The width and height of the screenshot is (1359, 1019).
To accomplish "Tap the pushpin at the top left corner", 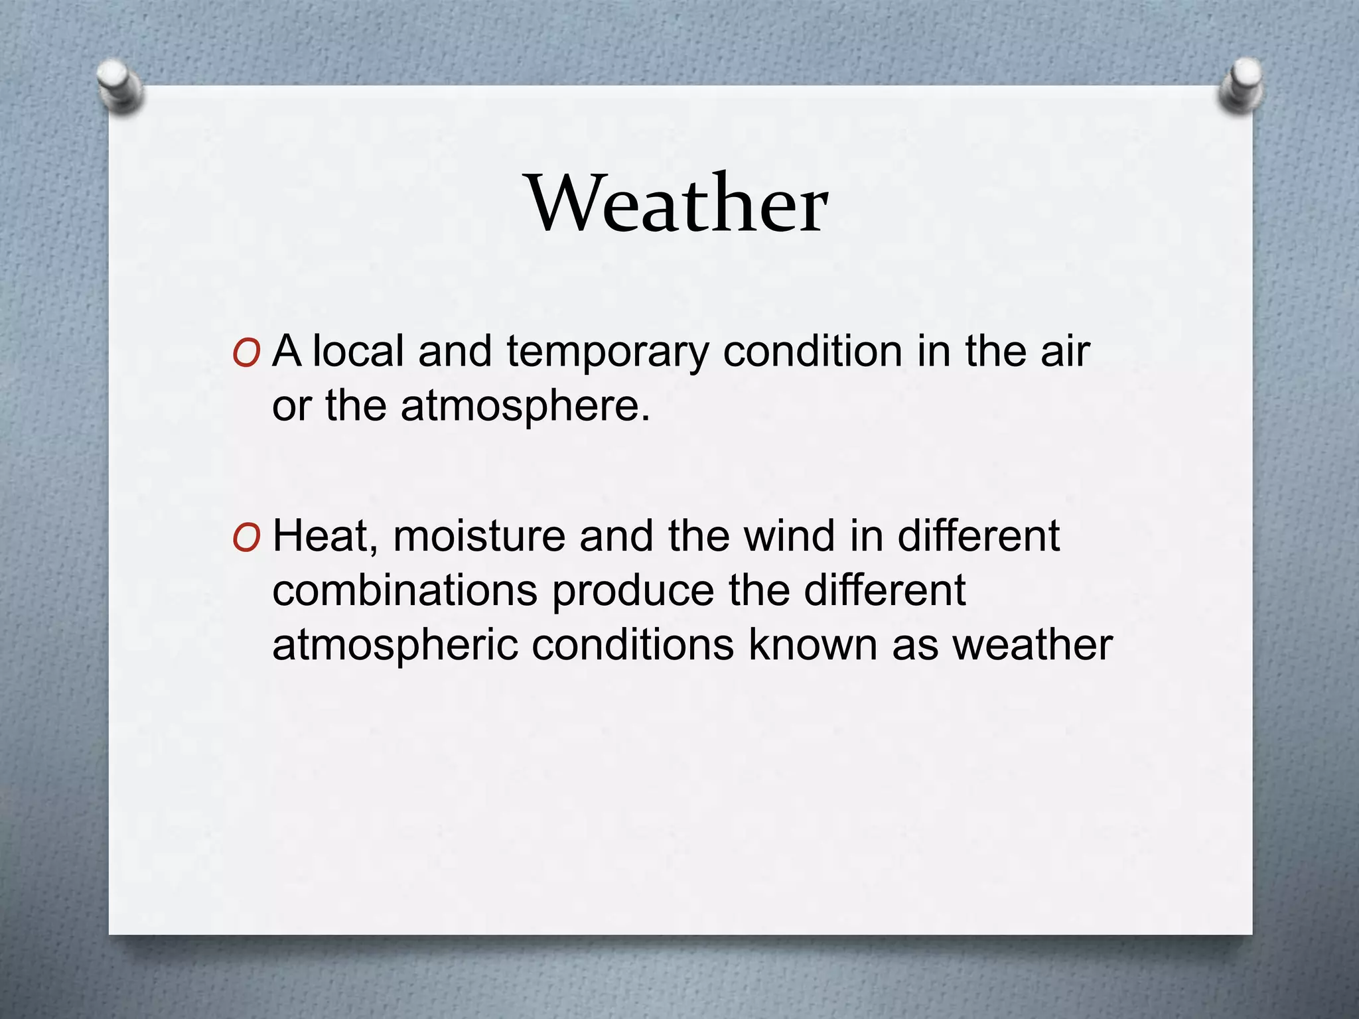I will click(x=119, y=85).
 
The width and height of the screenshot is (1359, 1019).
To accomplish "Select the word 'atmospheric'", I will click(x=395, y=646).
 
